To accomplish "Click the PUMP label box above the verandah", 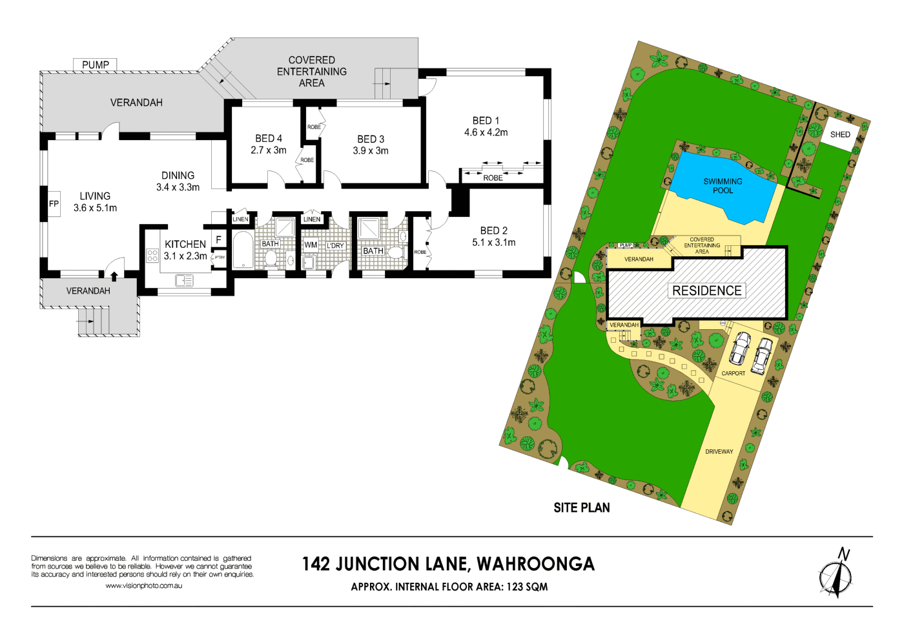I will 96,65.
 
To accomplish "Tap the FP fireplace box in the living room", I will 54,203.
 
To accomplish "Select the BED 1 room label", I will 486,121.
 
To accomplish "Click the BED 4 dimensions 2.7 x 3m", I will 269,150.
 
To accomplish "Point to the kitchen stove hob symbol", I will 152,255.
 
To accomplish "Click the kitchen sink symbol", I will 184,280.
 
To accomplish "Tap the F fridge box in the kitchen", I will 219,239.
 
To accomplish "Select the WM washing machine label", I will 311,245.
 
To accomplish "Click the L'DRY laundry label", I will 335,246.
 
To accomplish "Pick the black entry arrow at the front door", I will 114,276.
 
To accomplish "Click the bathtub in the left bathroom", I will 243,250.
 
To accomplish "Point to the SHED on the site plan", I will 839,134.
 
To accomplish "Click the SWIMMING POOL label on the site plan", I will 723,186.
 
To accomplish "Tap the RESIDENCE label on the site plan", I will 707,290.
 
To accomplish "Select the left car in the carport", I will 740,348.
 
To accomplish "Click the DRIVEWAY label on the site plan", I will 719,452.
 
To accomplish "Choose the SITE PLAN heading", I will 581,508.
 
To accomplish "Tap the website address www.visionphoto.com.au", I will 143,586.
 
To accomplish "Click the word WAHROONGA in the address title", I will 535,564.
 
